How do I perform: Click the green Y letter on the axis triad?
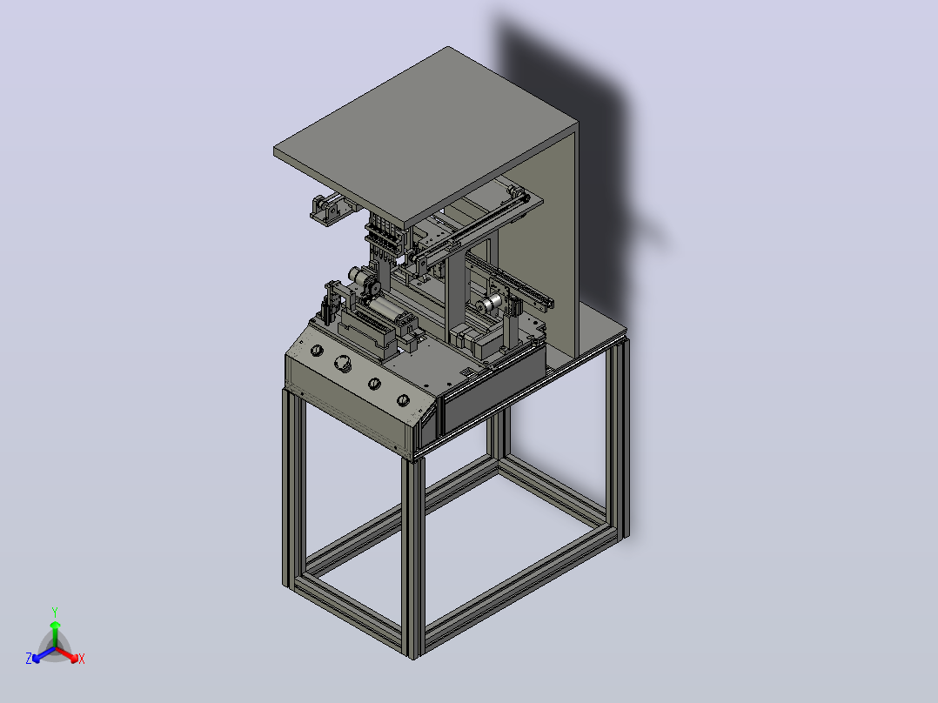[55, 612]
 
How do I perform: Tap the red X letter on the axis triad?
[82, 659]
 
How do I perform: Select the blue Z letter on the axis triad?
[29, 659]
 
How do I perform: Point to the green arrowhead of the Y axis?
[55, 625]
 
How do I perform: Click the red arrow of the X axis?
[67, 654]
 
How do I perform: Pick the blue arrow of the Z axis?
[44, 654]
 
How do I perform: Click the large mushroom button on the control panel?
[344, 363]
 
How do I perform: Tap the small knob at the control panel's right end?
[403, 399]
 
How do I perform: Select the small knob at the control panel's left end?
[317, 350]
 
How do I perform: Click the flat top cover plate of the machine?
[426, 137]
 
